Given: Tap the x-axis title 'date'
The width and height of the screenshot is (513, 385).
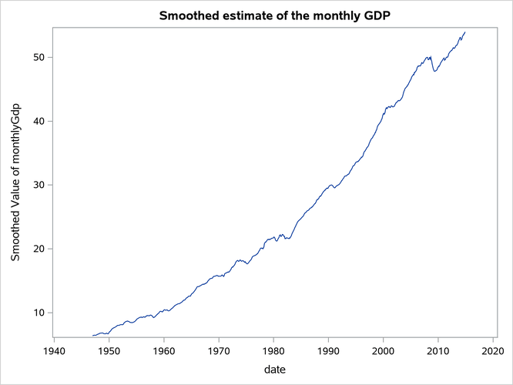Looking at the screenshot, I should [x=274, y=370].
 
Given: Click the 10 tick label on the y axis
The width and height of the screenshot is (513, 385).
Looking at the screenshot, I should [x=37, y=312].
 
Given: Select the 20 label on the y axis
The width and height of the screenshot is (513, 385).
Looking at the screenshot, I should [x=37, y=249].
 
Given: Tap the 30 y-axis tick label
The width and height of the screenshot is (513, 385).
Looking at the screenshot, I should [x=37, y=185].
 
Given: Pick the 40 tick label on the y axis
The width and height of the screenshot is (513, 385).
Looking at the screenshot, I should [x=37, y=121].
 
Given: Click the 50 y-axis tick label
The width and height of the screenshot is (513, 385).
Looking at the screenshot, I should [x=37, y=57].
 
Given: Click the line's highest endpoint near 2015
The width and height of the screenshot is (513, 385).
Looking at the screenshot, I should [x=465, y=32].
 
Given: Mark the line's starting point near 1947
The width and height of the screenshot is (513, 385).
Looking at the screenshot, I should [x=92, y=335].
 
